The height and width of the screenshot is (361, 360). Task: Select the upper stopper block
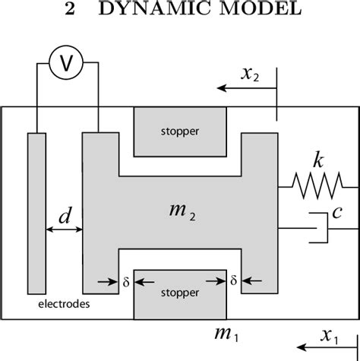(179, 131)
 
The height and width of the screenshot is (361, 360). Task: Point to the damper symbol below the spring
(320, 226)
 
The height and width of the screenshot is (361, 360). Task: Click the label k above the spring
(317, 160)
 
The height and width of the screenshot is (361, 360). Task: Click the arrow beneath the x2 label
(246, 88)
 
